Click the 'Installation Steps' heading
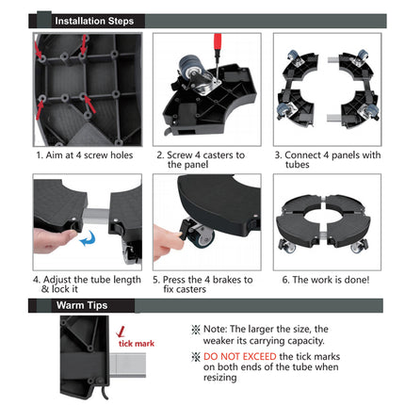[94, 21]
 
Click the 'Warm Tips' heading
[82, 305]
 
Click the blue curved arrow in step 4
[88, 238]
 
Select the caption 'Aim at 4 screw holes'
[89, 155]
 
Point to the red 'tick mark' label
[137, 344]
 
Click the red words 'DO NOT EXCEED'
[240, 356]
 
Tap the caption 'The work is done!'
[331, 280]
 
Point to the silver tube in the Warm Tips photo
[128, 364]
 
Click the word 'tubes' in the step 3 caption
[298, 165]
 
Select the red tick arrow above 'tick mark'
[121, 332]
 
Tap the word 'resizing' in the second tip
[219, 378]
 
